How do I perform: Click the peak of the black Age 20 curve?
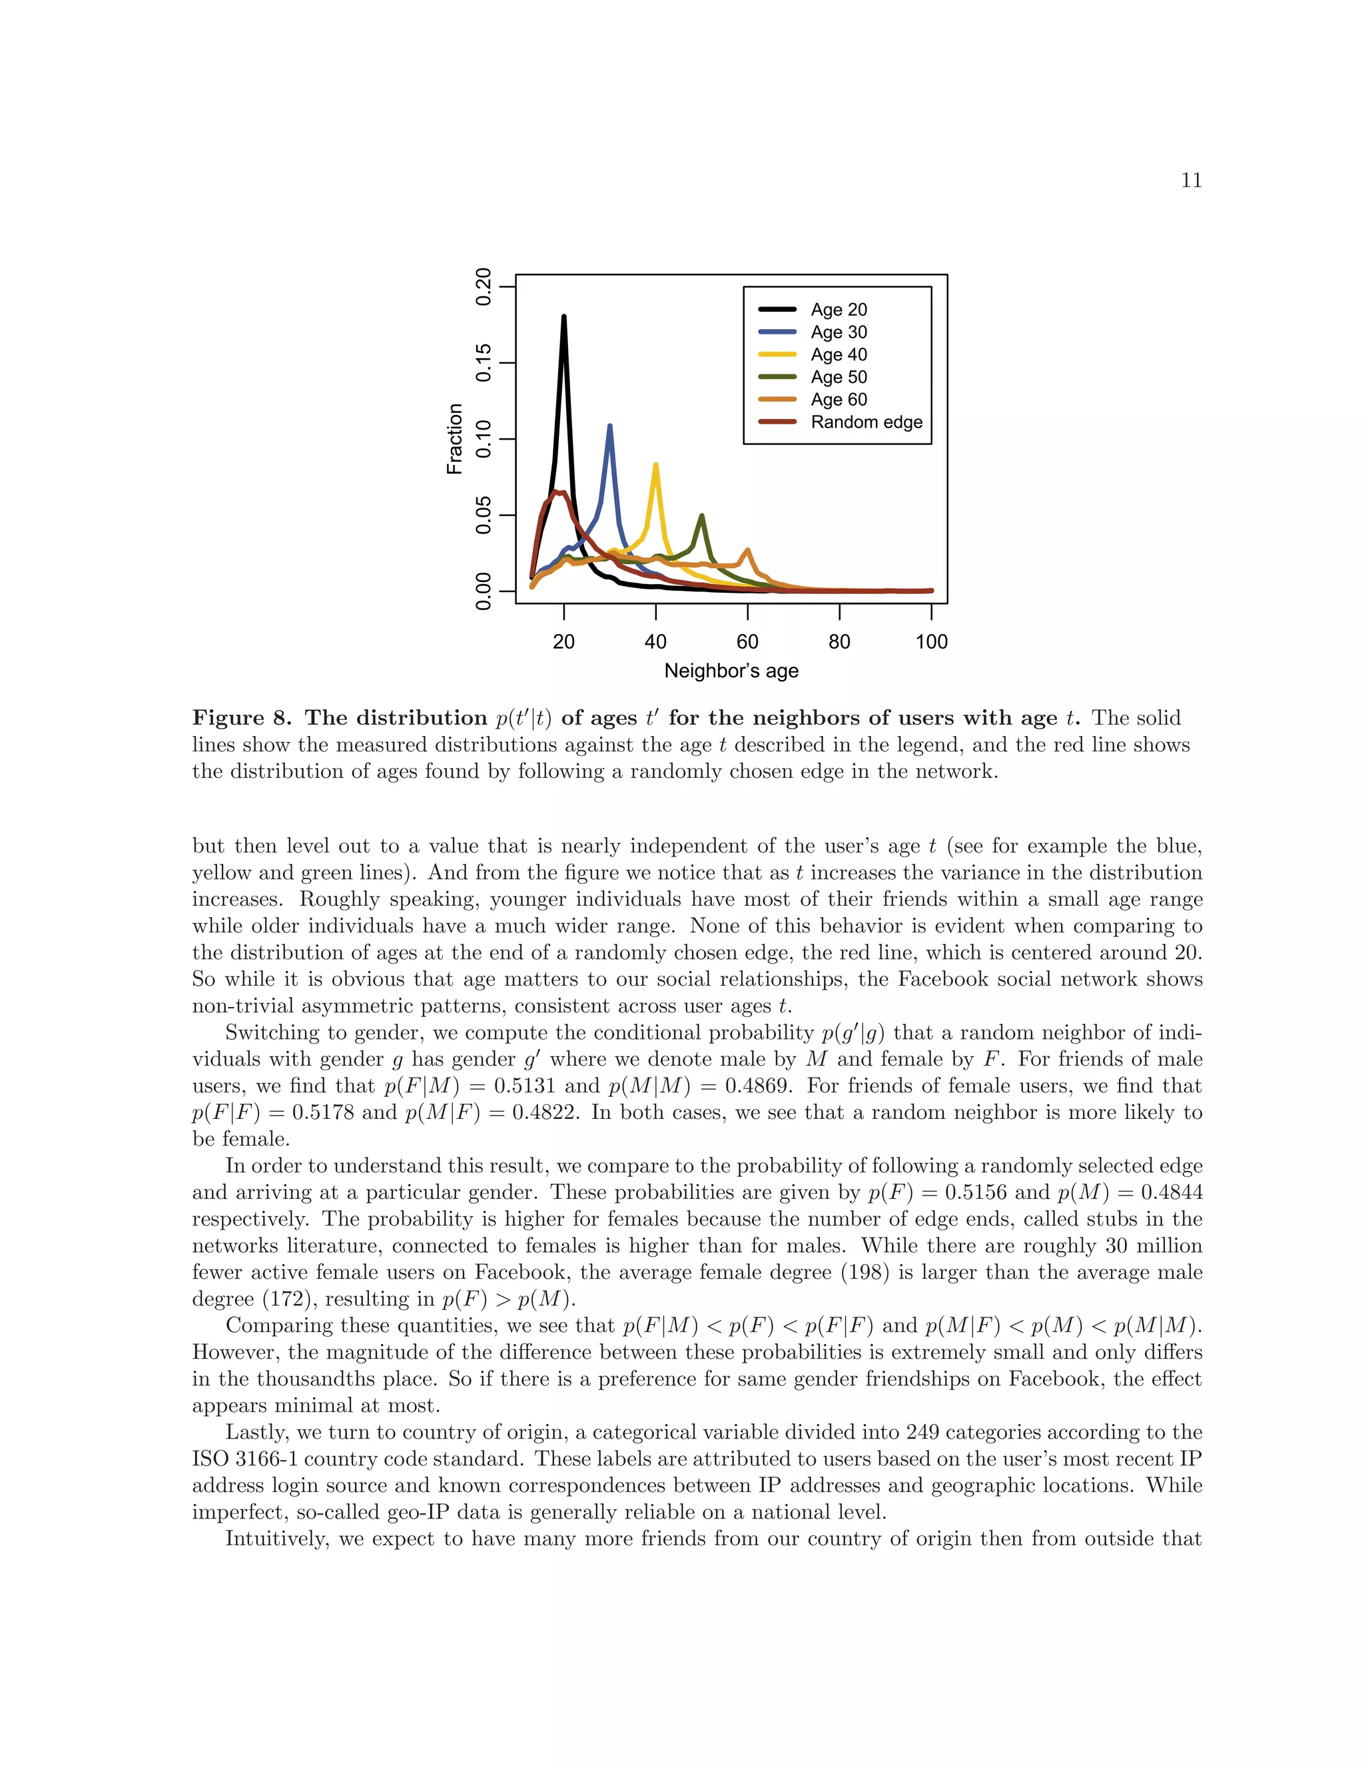tap(563, 317)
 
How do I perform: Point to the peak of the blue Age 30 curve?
tap(609, 426)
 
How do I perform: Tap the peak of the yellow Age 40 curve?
tap(655, 465)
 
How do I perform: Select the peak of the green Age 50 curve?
tap(701, 516)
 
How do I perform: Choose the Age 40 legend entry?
tap(838, 355)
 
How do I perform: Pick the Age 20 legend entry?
tap(838, 310)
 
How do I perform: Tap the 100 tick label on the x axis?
tap(931, 641)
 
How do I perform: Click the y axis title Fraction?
tap(455, 439)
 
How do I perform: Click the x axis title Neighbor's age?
tap(731, 671)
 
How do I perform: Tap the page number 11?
tap(1191, 180)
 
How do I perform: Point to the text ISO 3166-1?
tap(246, 1459)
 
